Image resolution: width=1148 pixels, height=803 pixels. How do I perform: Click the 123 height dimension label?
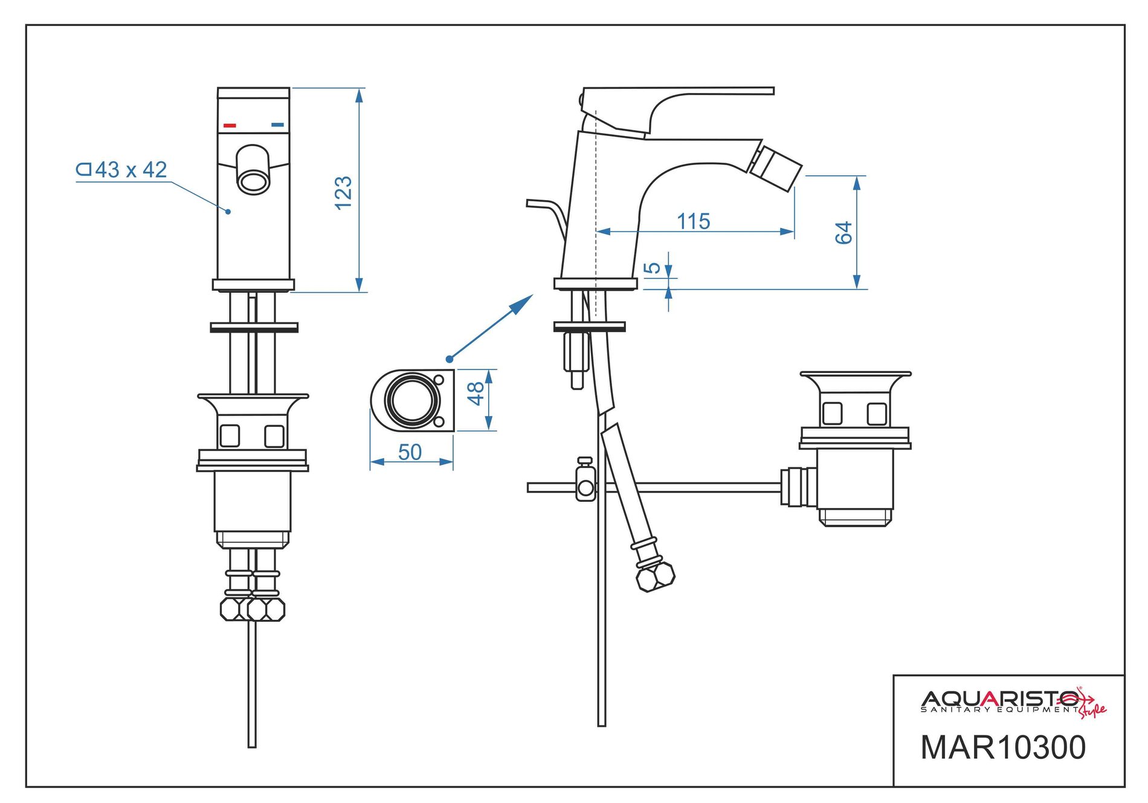(x=343, y=192)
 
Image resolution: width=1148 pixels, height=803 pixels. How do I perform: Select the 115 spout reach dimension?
(x=693, y=221)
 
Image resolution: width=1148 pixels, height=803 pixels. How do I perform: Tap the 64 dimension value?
(x=843, y=233)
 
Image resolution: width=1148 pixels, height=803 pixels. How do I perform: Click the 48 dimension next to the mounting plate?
(x=476, y=394)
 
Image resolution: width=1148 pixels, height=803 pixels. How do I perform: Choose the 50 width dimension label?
(x=410, y=452)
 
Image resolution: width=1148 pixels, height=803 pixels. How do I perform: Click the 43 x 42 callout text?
(x=123, y=170)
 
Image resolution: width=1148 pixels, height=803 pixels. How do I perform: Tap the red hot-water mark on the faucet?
(x=230, y=126)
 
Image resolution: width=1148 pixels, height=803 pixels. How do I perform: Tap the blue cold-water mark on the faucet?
(x=277, y=125)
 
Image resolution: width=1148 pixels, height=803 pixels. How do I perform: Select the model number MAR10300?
(x=1003, y=747)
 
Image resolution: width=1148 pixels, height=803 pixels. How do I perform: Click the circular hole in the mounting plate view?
(x=412, y=400)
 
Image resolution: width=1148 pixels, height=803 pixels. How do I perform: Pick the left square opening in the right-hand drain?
(x=832, y=413)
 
